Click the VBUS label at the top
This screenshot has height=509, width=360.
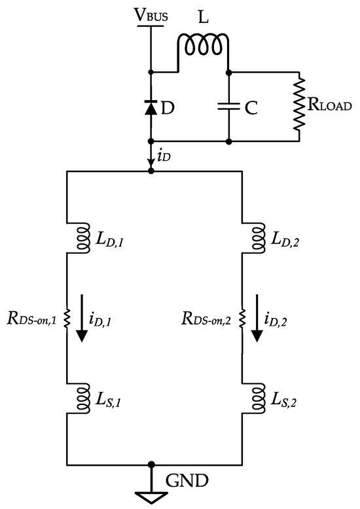(151, 15)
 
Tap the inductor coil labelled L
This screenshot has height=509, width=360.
(202, 45)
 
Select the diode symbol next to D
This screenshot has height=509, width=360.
(151, 109)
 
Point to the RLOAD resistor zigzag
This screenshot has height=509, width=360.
(300, 105)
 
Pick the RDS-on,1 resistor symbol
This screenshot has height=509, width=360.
(67, 319)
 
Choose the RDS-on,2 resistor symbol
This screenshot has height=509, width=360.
(243, 319)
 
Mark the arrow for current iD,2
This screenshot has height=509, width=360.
(257, 319)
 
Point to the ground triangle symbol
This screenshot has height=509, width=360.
(151, 496)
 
